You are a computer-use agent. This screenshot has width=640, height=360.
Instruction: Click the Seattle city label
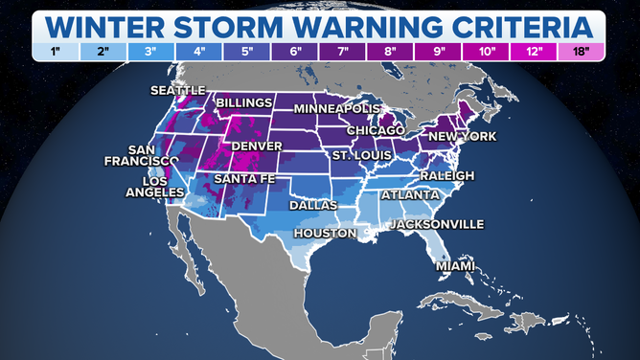tap(177, 91)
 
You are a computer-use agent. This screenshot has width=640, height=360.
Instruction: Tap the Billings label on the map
tap(244, 102)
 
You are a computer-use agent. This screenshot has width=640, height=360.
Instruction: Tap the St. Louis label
tap(359, 155)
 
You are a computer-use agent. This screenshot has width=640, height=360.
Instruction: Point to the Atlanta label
tap(405, 195)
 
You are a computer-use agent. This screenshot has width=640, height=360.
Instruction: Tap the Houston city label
tap(325, 233)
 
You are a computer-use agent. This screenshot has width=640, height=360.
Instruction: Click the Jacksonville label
tap(435, 225)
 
